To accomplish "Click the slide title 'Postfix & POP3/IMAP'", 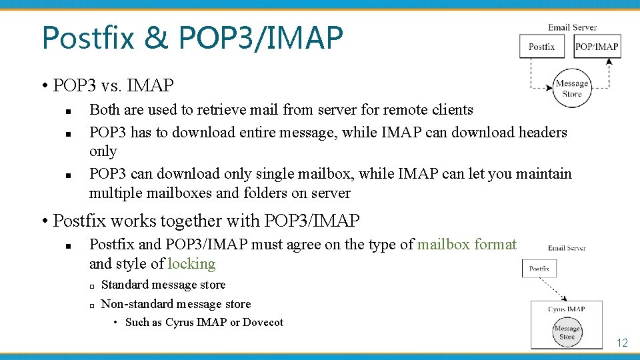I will (x=192, y=38).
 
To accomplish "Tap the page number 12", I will (x=622, y=343).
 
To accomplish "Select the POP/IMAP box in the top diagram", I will (x=596, y=47).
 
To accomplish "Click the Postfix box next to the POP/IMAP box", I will (x=541, y=47).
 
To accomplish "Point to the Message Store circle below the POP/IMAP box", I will (x=572, y=88).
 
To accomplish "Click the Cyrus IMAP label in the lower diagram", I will (x=566, y=309).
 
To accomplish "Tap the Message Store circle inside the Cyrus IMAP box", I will (x=567, y=332).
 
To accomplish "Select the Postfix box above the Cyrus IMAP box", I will (x=539, y=269).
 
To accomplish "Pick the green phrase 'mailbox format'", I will (x=467, y=245).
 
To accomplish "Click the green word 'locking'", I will (x=191, y=264).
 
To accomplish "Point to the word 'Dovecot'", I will (x=263, y=323).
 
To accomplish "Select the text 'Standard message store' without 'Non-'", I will (x=163, y=285).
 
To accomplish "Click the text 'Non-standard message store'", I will (x=176, y=304).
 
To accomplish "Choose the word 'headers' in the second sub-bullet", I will (x=540, y=132).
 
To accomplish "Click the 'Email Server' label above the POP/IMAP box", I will (x=572, y=27).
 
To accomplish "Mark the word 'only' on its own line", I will (x=103, y=151).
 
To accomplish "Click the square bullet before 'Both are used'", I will (x=69, y=111).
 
